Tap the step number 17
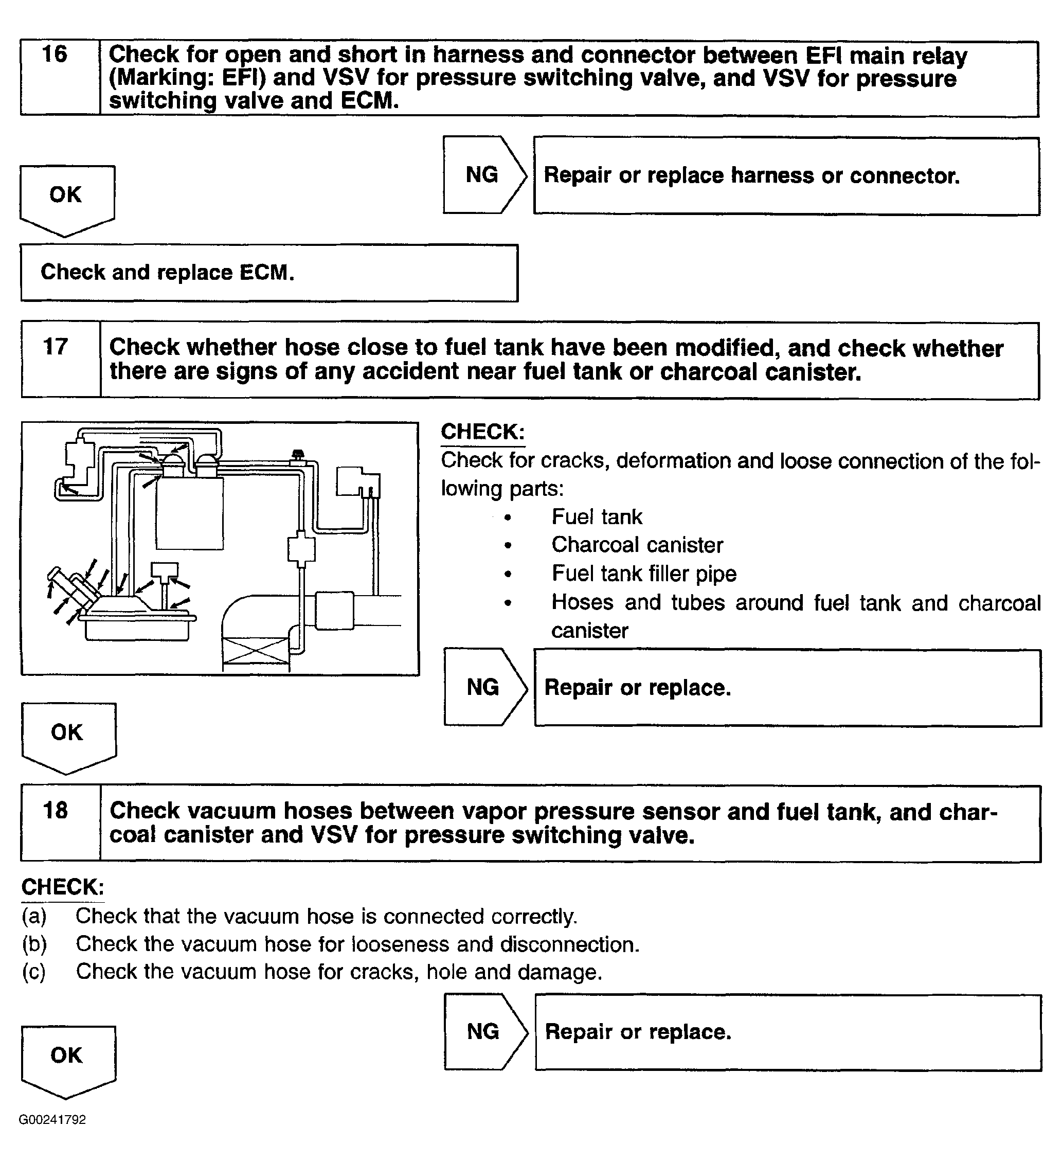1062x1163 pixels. (56, 347)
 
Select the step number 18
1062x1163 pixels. (56, 811)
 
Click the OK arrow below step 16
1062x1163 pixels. (66, 196)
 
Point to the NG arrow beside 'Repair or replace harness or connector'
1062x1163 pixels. (483, 175)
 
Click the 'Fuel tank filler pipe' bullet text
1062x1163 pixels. (644, 574)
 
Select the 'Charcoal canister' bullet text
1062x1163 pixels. (637, 545)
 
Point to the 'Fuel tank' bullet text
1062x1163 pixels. (597, 517)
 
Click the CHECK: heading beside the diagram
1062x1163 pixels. (482, 432)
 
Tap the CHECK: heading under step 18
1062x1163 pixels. (62, 887)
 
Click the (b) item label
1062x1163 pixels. (34, 944)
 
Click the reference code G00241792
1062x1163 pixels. (52, 1120)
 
